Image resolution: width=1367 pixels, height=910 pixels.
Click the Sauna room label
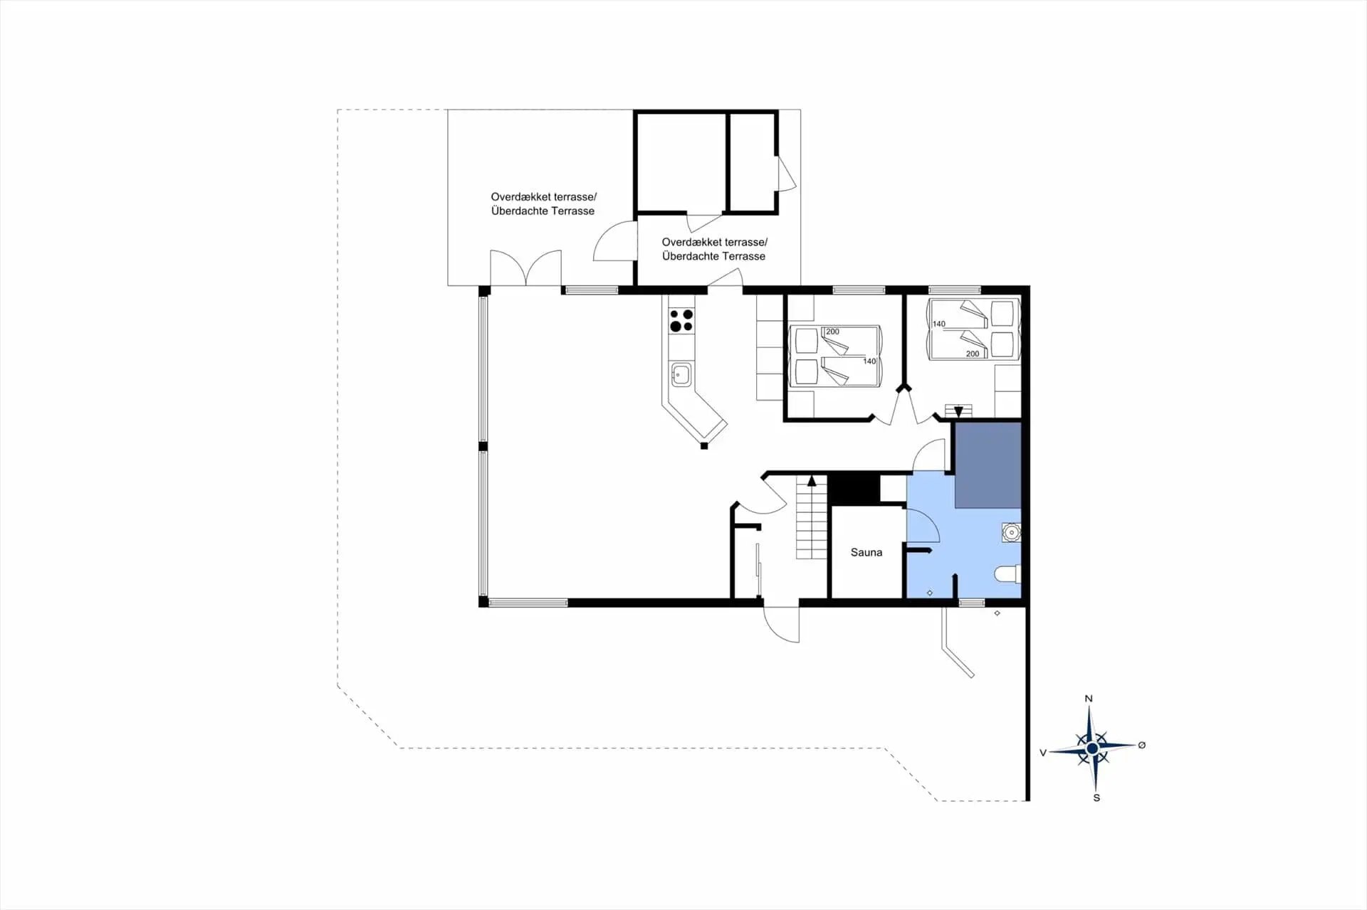coord(866,552)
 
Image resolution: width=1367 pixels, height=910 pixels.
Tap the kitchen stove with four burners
coord(681,320)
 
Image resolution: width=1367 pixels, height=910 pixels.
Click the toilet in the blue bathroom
coord(1008,573)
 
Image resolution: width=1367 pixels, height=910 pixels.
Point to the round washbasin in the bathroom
coord(1011,532)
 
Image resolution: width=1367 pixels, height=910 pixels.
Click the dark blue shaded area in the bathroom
coord(988,465)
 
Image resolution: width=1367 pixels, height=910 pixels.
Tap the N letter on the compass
coord(1088,699)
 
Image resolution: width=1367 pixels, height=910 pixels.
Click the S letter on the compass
coord(1096,798)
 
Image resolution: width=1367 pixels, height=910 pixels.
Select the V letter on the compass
coord(1043,752)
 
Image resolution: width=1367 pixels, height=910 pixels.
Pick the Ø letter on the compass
coord(1142,745)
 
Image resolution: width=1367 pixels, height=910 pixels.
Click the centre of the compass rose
coord(1092,748)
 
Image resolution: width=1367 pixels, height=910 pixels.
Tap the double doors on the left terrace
coord(525,268)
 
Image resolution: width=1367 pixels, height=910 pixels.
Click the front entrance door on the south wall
coord(781,623)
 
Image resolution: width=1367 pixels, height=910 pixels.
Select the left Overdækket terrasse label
coord(544,196)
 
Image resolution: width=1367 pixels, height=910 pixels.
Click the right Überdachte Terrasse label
coord(714,256)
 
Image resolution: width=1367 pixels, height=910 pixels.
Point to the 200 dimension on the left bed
coord(832,332)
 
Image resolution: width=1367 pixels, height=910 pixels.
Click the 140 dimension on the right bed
coord(939,324)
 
